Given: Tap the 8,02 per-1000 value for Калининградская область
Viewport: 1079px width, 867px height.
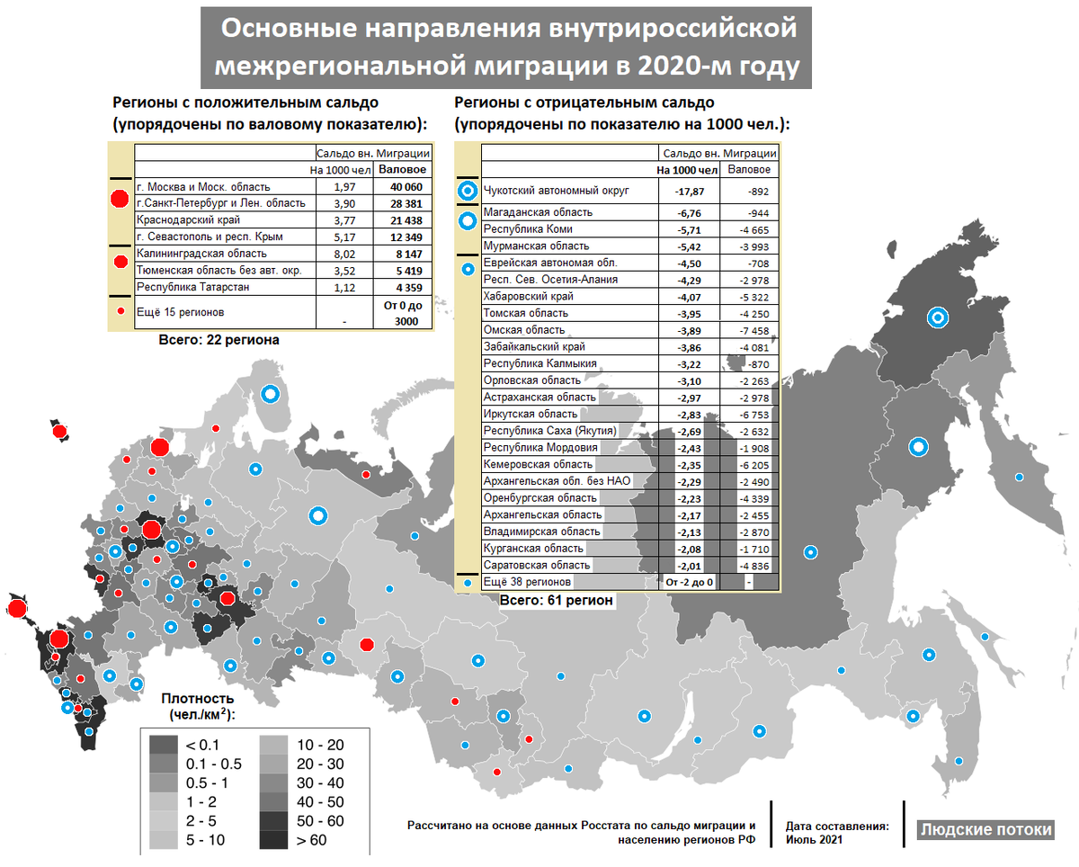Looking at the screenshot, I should click(344, 254).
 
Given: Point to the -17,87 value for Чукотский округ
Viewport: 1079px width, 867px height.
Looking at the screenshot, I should click(690, 191).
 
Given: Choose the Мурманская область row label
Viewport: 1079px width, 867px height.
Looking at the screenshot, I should click(536, 246).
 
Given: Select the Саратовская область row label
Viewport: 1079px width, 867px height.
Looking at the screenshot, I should click(536, 565).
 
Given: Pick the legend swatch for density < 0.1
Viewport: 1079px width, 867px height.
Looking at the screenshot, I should click(163, 746).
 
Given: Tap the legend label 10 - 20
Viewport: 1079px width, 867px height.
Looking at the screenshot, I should click(319, 746).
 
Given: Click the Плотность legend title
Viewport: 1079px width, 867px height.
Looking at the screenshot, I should click(198, 699).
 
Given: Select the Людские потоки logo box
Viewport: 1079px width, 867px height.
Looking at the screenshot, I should click(985, 829).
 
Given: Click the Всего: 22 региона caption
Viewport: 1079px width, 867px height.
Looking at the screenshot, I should click(218, 340).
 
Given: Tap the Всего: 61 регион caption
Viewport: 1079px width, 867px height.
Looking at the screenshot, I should click(557, 599).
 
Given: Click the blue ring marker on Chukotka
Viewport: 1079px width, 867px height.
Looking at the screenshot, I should click(938, 317).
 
